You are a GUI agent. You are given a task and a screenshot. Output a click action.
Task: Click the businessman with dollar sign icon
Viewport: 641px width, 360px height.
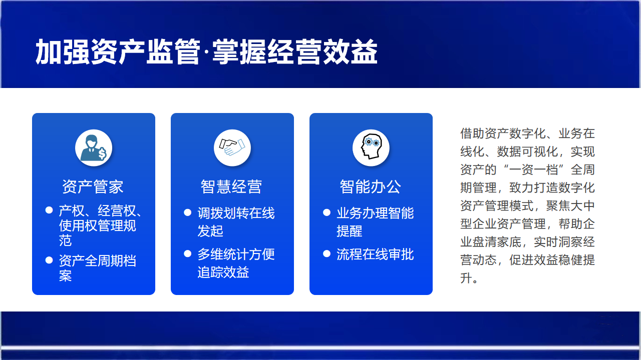coord(94,147)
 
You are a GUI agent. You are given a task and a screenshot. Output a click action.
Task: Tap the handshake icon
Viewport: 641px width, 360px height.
coord(232,147)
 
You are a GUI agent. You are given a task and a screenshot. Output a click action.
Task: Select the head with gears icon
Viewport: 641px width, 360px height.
coord(371,146)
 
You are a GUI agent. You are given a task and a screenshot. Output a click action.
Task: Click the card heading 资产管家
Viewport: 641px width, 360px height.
coord(93,187)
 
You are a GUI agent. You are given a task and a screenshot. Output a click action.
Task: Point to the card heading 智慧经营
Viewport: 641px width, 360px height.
coord(231,187)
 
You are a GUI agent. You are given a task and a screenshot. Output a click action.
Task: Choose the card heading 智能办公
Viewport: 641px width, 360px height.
coord(370,187)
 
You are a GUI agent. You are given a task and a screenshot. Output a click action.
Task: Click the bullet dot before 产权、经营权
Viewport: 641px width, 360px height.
coord(49,210)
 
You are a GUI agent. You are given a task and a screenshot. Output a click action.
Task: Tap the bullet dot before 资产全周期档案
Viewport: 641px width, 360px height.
coord(49,260)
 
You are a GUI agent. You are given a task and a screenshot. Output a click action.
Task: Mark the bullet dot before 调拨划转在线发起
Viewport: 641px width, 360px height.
coord(187,212)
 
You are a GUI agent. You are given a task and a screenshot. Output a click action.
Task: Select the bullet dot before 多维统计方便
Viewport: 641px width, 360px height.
coord(187,253)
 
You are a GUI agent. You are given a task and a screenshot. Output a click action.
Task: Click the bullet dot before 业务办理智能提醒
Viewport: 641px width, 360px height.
coord(327,212)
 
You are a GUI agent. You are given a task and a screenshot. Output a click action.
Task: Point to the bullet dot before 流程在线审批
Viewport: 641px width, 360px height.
coord(327,253)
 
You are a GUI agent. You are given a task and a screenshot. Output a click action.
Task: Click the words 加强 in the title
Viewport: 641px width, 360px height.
coord(63,52)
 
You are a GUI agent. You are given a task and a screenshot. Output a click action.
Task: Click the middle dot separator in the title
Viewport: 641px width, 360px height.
coord(206,53)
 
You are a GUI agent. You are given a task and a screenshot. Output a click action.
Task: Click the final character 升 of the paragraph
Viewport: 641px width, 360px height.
coord(466,278)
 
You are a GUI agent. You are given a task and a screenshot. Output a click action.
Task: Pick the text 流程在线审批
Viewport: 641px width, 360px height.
coord(375,254)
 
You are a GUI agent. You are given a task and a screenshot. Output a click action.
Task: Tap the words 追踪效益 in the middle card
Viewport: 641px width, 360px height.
coord(223,272)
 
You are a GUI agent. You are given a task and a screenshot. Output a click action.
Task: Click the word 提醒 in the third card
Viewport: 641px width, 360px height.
coord(350,231)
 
